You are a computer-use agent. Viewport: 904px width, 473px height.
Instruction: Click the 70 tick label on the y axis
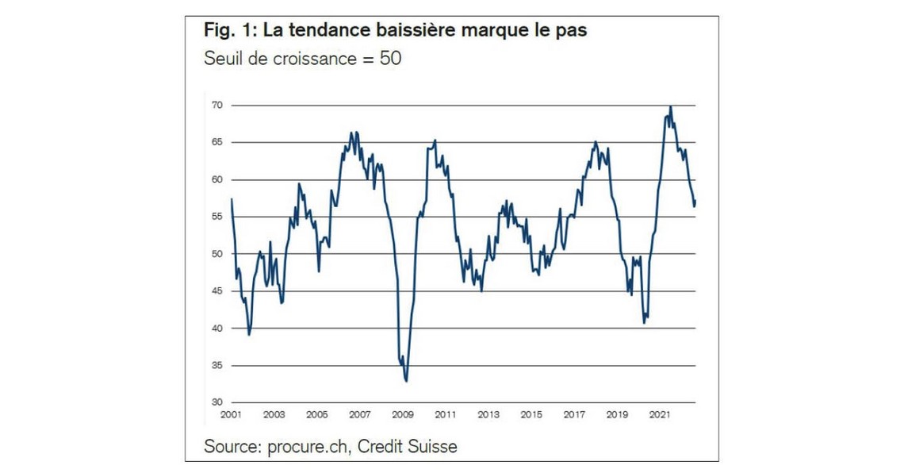[x=216, y=106]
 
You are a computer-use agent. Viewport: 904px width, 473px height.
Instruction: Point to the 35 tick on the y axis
[x=216, y=366]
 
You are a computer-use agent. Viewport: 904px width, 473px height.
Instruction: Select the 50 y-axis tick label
[x=216, y=254]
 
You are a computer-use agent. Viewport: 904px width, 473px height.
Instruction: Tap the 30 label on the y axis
[x=216, y=402]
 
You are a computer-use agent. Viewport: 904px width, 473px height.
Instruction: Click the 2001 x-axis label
[x=231, y=415]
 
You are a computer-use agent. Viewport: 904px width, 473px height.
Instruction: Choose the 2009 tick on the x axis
[x=403, y=415]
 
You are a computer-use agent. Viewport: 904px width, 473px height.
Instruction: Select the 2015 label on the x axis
[x=531, y=415]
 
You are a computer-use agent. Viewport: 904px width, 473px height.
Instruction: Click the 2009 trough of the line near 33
[x=406, y=381]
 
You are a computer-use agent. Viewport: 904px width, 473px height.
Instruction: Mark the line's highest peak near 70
[x=671, y=106]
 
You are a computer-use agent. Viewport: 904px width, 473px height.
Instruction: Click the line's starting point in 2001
[x=231, y=199]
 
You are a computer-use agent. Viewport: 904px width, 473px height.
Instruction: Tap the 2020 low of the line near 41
[x=644, y=323]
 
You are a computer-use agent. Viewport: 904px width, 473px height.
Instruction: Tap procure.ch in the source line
[x=305, y=447]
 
